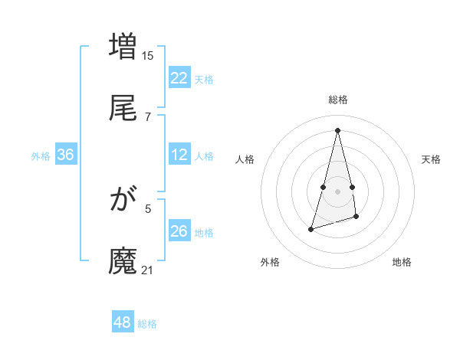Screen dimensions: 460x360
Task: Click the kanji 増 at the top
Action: pyautogui.click(x=123, y=46)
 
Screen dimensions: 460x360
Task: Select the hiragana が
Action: pyautogui.click(x=123, y=201)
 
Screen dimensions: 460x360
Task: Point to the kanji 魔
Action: pyautogui.click(x=123, y=260)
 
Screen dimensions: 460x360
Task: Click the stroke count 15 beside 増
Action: pyautogui.click(x=148, y=55)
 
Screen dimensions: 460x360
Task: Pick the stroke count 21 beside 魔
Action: pyautogui.click(x=148, y=270)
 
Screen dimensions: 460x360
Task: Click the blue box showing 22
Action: pyautogui.click(x=179, y=78)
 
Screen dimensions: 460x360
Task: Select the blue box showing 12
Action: pyautogui.click(x=179, y=155)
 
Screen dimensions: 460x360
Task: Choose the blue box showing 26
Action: pyautogui.click(x=179, y=231)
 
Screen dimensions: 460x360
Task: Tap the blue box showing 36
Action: pyautogui.click(x=65, y=155)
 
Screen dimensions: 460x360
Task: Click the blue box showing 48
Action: pyautogui.click(x=123, y=322)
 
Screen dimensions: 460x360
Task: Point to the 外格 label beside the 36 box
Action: pyautogui.click(x=41, y=156)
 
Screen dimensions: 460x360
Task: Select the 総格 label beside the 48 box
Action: pyautogui.click(x=147, y=324)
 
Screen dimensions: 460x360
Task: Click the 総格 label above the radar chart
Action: pyautogui.click(x=338, y=100)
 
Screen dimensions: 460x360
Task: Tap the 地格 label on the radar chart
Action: pyautogui.click(x=402, y=262)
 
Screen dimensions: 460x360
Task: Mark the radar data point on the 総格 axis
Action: pyautogui.click(x=338, y=130)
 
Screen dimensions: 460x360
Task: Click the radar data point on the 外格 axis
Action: pyautogui.click(x=310, y=229)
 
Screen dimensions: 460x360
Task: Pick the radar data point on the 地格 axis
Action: pyautogui.click(x=357, y=218)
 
